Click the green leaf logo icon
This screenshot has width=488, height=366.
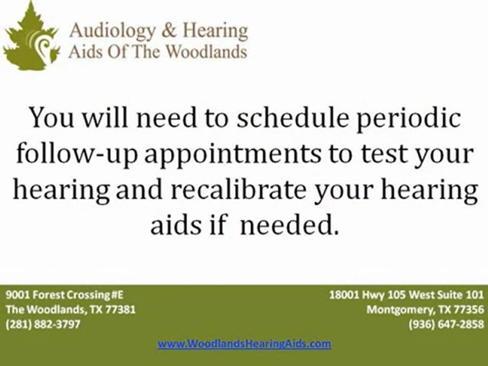(31, 37)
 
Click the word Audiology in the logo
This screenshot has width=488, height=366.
(112, 32)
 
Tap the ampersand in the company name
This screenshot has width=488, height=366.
(169, 31)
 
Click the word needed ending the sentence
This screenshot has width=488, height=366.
(289, 225)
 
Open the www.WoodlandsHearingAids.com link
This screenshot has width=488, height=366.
(245, 344)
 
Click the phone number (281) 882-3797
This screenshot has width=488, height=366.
(43, 324)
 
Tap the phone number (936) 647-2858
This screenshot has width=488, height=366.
(447, 324)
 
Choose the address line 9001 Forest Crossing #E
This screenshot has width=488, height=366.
(65, 295)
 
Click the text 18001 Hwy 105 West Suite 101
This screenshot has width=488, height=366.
(407, 294)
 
